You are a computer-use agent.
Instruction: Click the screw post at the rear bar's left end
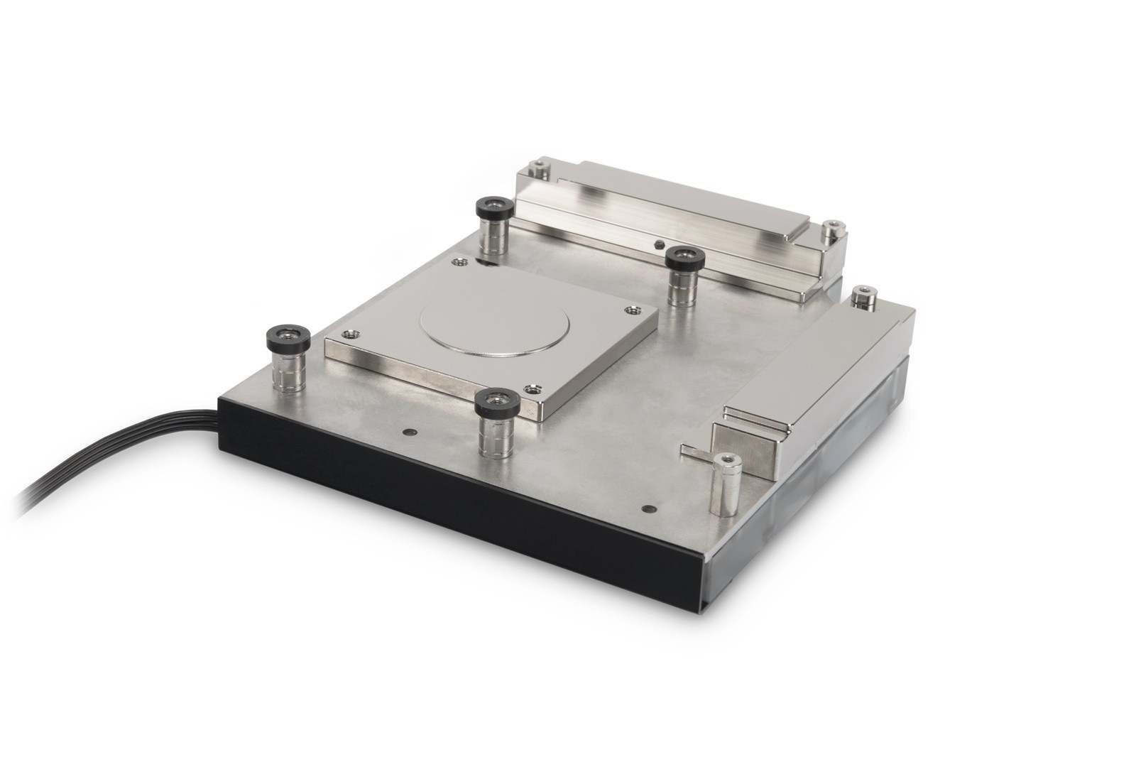[x=542, y=169]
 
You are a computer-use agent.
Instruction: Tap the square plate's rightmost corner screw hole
[x=631, y=309]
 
